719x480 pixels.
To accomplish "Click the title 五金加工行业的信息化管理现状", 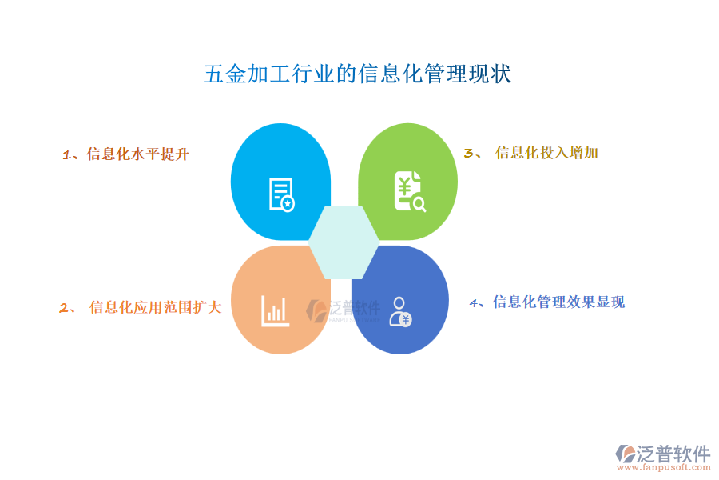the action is pyautogui.click(x=358, y=74).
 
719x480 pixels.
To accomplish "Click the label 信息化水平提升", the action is pyautogui.click(x=137, y=154).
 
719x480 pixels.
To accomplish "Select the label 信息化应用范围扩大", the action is pyautogui.click(x=156, y=307).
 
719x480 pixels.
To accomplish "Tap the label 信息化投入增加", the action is pyautogui.click(x=546, y=153).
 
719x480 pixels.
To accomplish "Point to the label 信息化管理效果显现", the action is pyautogui.click(x=558, y=302).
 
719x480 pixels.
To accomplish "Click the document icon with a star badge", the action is pyautogui.click(x=281, y=194).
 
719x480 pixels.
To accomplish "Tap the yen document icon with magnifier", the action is pyautogui.click(x=410, y=191).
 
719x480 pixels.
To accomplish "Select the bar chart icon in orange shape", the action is pyautogui.click(x=275, y=311).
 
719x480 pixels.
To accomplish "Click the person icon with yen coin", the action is pyautogui.click(x=400, y=311).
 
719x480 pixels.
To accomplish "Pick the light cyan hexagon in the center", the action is pyautogui.click(x=344, y=242).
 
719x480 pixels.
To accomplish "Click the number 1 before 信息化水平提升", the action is pyautogui.click(x=66, y=155).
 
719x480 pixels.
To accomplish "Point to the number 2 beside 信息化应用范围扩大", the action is pyautogui.click(x=64, y=308).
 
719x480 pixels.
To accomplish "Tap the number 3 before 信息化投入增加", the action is pyautogui.click(x=469, y=153).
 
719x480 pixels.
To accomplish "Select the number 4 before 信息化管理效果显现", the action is pyautogui.click(x=474, y=302).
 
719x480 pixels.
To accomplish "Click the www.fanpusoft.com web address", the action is pyautogui.click(x=664, y=467).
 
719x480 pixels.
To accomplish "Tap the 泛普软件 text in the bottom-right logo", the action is pyautogui.click(x=673, y=454).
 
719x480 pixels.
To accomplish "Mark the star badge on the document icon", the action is pyautogui.click(x=288, y=203).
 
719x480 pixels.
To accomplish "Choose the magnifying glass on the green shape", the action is pyautogui.click(x=419, y=204).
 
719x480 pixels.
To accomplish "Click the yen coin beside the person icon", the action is pyautogui.click(x=405, y=319).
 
